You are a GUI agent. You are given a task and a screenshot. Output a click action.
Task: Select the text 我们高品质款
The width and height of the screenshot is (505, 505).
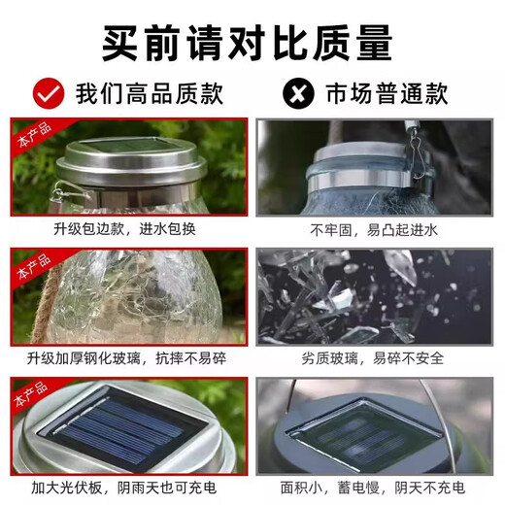[150, 93]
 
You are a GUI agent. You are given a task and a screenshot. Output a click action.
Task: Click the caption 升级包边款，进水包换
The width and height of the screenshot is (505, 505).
[128, 229]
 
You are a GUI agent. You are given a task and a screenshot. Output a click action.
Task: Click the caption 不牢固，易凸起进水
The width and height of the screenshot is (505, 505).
[375, 229]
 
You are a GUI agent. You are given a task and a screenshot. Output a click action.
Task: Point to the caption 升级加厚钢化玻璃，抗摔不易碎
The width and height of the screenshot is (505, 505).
[128, 357]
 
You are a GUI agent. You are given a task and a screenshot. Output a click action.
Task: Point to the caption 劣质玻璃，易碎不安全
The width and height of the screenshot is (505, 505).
[375, 357]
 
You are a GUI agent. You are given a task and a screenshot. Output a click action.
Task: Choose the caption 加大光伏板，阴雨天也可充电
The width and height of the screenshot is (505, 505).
[128, 486]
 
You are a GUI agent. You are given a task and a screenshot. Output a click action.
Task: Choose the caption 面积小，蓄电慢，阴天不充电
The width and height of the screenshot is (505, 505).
[375, 486]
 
